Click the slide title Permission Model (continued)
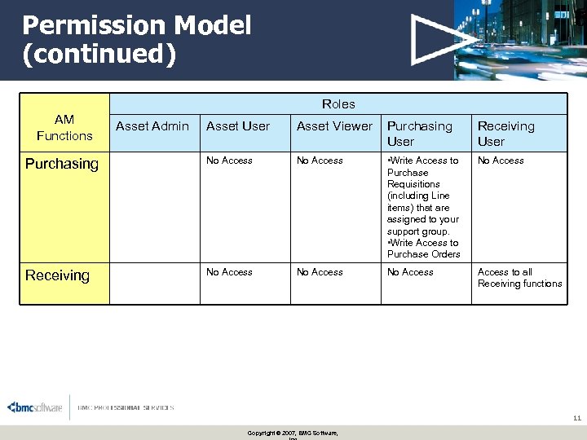tap(137, 39)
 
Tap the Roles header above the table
tap(338, 103)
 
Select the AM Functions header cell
tap(64, 128)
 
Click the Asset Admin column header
tap(152, 126)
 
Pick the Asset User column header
tap(238, 126)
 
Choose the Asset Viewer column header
tap(334, 126)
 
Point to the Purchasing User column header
tap(419, 134)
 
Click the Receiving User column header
tap(505, 134)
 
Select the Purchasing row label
tap(62, 164)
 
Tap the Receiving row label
tap(57, 275)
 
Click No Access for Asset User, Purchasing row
tap(229, 161)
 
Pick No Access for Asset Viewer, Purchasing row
tap(320, 161)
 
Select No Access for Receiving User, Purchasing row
tap(501, 161)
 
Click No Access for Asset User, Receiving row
tap(229, 272)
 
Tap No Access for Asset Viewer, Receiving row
tap(320, 272)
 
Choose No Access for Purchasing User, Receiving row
tap(410, 272)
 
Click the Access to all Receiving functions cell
tap(519, 278)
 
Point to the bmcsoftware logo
tap(35, 407)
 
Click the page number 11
tap(576, 418)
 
